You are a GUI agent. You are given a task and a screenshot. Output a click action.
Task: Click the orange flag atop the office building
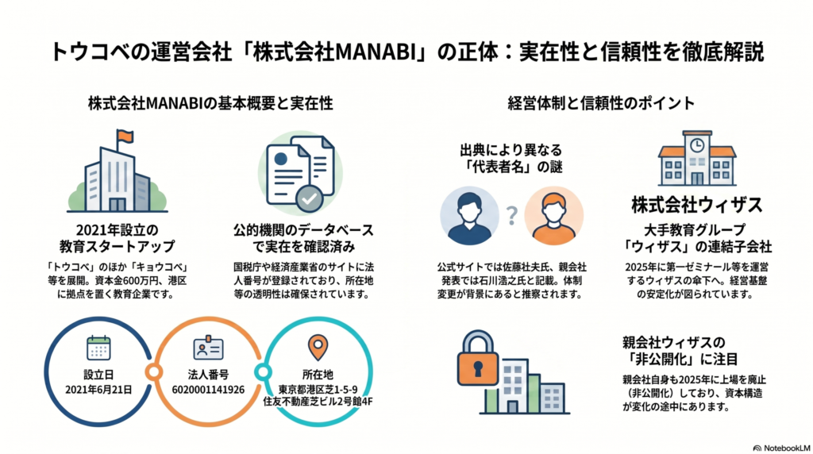pos(125,137)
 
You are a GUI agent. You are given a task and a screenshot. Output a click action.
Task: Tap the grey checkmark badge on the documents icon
pos(310,198)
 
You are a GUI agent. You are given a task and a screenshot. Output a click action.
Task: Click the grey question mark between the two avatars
pos(512,215)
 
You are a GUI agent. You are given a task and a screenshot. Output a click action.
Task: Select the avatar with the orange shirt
pos(553,216)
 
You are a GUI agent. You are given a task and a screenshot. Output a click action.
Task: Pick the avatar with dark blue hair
pos(470,216)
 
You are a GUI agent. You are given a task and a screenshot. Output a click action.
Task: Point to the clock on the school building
pos(697,145)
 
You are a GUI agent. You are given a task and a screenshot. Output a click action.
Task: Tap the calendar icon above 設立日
pos(98,348)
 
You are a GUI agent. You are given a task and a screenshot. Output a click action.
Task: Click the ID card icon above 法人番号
pos(209,348)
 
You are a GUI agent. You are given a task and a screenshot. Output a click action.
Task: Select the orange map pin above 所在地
pos(318,347)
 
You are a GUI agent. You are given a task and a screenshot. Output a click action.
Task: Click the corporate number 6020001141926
pos(209,390)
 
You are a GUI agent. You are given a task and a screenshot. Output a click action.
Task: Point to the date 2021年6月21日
pos(98,390)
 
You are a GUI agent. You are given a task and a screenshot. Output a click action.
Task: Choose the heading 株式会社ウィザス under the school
pos(697,206)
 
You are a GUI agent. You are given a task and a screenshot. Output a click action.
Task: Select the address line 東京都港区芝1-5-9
pos(318,390)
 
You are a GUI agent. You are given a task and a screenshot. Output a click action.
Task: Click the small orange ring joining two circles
pos(153,371)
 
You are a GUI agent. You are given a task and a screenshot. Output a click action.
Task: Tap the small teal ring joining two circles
pos(263,371)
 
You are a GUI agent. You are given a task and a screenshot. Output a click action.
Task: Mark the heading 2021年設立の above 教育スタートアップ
pos(118,230)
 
